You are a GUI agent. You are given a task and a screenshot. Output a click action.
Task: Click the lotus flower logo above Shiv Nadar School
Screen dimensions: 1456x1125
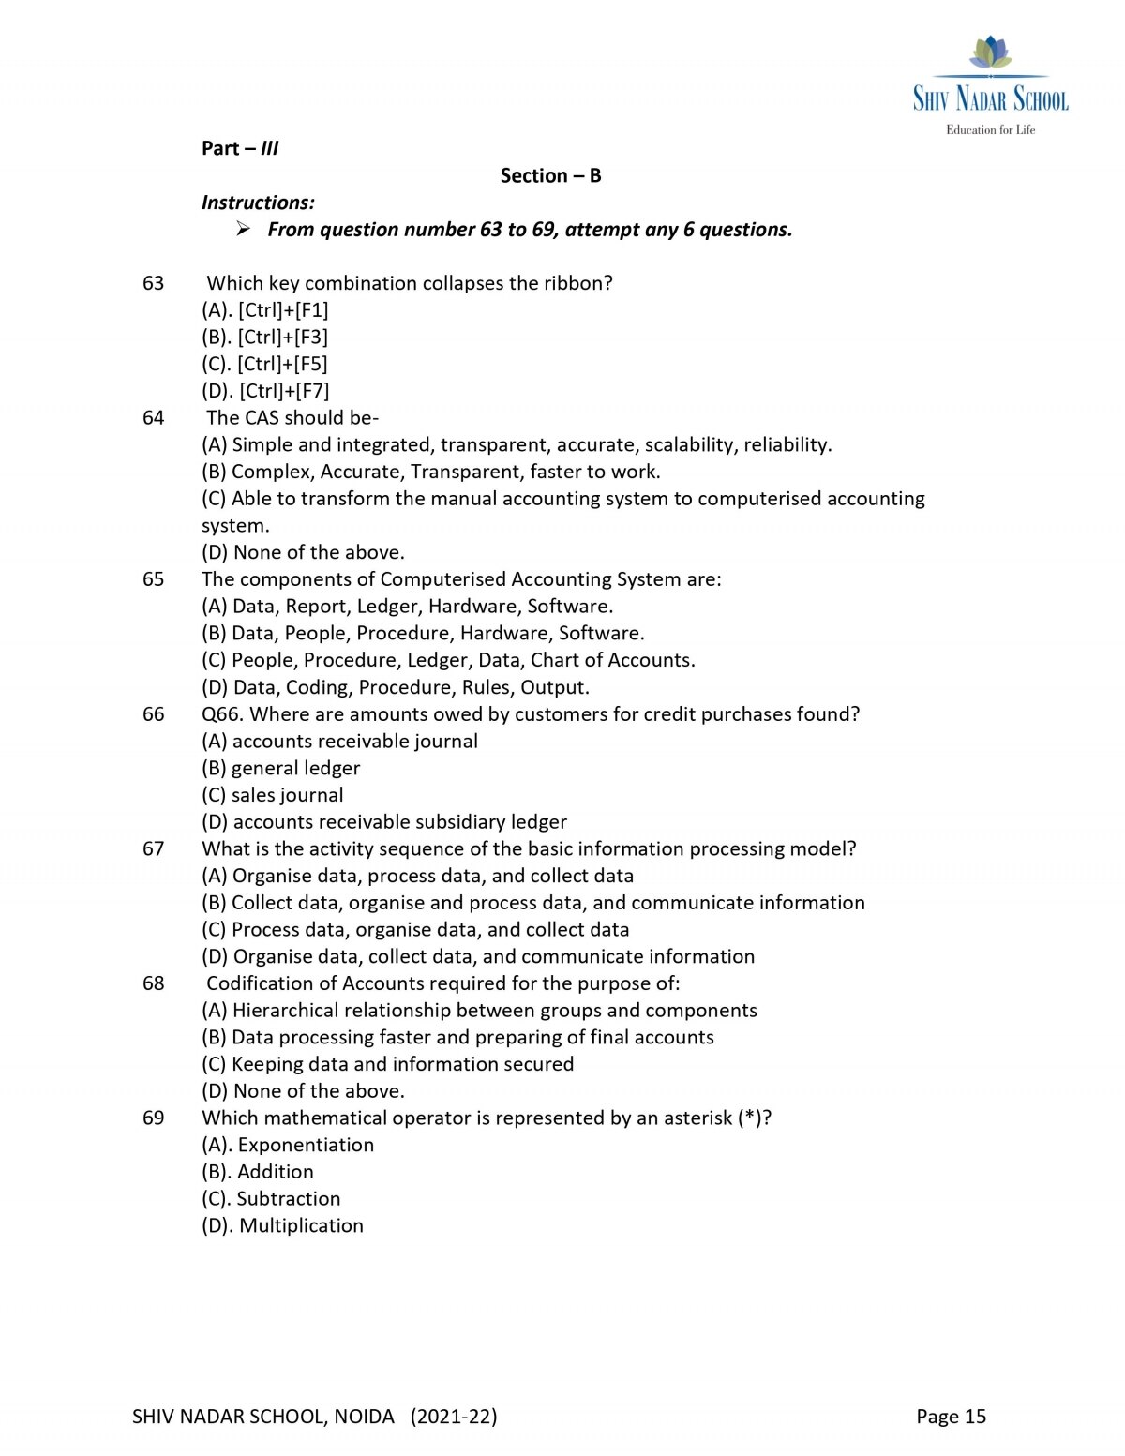(990, 53)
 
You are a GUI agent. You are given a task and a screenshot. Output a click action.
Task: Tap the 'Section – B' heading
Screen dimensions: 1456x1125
(550, 176)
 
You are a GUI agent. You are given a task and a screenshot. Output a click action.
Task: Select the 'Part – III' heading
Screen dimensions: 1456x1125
(240, 148)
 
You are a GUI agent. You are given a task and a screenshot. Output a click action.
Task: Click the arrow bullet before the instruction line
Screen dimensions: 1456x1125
(243, 229)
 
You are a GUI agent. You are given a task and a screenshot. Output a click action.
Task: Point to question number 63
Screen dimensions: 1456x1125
(153, 283)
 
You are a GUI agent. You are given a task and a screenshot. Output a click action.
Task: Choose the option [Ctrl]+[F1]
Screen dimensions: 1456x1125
(265, 310)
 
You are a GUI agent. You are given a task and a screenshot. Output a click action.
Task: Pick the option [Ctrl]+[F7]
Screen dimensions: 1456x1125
(265, 391)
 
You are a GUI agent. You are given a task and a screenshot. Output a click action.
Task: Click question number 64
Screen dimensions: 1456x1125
(153, 418)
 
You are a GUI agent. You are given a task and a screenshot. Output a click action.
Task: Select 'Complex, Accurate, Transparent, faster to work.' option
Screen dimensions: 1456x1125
(431, 472)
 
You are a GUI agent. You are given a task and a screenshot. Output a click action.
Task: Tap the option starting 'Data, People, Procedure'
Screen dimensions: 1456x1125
(423, 633)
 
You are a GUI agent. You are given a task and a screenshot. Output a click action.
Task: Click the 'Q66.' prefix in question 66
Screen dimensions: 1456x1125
(223, 714)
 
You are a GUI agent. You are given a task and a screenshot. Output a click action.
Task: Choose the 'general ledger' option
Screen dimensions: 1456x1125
(281, 768)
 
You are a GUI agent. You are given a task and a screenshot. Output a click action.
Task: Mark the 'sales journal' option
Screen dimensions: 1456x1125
(273, 795)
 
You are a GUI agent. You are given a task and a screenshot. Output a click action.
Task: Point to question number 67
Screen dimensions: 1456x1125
(153, 848)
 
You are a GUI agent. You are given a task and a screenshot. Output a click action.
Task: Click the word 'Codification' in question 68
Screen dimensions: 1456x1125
(260, 983)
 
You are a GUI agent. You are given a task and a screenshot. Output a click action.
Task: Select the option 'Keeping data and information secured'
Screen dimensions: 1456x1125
(388, 1064)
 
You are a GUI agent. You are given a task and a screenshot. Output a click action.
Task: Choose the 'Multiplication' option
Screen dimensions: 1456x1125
(283, 1225)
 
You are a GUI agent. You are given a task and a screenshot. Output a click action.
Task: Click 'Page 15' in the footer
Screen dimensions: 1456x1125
(951, 1417)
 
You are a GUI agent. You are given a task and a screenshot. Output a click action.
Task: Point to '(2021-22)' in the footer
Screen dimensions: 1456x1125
(454, 1417)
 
